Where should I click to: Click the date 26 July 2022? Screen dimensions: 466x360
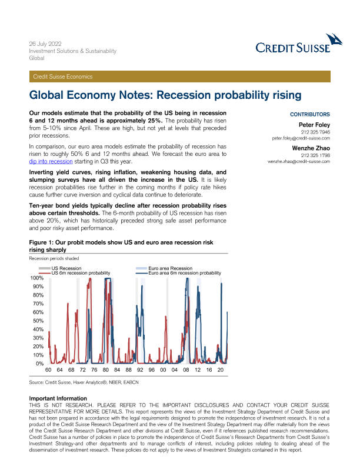[45, 44]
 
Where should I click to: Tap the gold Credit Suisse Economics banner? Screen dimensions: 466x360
[180, 76]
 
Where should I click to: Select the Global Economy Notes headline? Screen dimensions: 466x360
[165, 95]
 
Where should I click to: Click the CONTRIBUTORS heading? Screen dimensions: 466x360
[326, 114]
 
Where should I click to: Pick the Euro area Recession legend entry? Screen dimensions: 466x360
[170, 268]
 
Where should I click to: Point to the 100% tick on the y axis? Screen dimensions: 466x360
[36, 278]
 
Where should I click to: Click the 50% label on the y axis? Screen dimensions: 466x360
[38, 321]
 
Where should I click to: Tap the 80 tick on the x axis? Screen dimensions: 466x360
[105, 370]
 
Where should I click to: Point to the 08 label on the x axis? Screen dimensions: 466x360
[185, 370]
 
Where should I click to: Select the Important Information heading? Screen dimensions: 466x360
[58, 398]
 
